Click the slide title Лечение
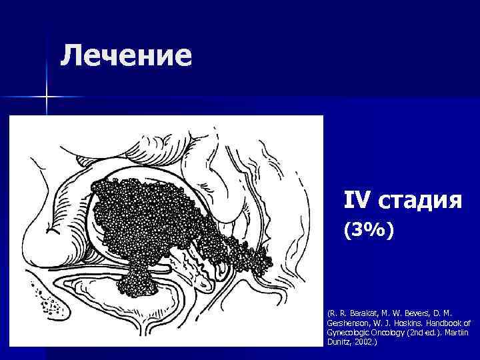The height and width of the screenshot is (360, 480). pos(125,55)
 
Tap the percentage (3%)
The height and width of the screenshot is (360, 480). pos(369,231)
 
